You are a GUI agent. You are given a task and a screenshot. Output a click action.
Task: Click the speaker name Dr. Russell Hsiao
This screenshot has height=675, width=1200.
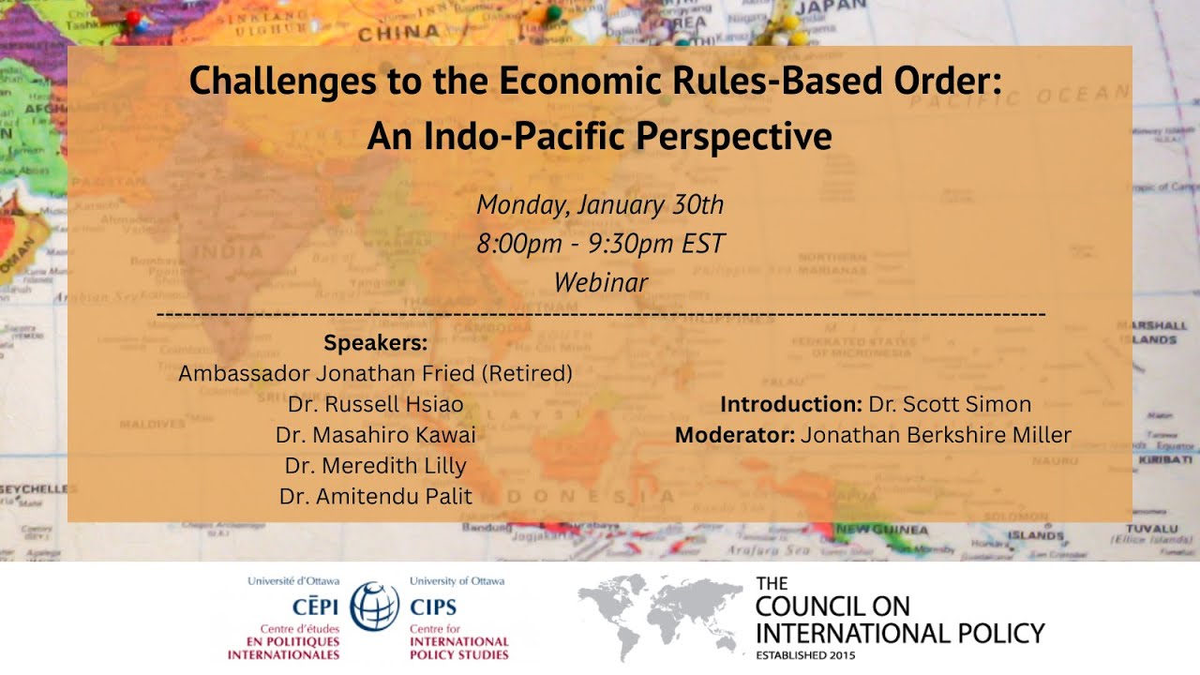click(376, 405)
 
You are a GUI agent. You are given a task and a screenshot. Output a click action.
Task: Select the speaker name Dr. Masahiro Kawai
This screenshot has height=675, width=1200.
click(376, 435)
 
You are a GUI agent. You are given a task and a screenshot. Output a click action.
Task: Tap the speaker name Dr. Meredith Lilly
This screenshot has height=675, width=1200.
click(376, 466)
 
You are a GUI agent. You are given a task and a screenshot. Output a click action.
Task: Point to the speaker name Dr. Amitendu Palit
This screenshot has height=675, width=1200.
click(376, 497)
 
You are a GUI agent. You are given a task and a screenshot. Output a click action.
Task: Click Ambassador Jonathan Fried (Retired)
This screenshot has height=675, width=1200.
click(375, 373)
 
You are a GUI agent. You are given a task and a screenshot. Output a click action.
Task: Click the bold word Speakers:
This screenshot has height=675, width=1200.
click(375, 342)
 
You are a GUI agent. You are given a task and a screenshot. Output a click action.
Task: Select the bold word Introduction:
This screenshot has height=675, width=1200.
click(790, 405)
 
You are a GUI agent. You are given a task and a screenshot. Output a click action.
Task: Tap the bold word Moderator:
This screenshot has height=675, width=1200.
click(734, 435)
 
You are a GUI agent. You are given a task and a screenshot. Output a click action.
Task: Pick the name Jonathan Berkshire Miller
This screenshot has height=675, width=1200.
click(936, 435)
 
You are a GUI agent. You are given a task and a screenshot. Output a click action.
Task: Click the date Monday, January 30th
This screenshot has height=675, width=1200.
click(600, 204)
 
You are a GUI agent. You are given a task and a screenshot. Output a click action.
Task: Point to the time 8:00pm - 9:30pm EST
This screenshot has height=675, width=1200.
click(600, 244)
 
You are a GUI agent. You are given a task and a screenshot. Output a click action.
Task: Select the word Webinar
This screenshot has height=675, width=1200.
click(600, 282)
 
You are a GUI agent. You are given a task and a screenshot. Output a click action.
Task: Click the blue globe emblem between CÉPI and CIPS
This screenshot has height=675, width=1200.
click(374, 606)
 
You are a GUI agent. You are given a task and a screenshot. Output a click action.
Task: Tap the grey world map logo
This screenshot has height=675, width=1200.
click(656, 616)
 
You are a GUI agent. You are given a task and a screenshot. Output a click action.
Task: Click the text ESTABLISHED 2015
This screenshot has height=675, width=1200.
click(805, 655)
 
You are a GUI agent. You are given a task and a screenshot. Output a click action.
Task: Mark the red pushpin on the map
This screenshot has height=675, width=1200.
click(132, 17)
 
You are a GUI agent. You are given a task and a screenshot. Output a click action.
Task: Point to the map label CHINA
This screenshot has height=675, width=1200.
click(386, 34)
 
